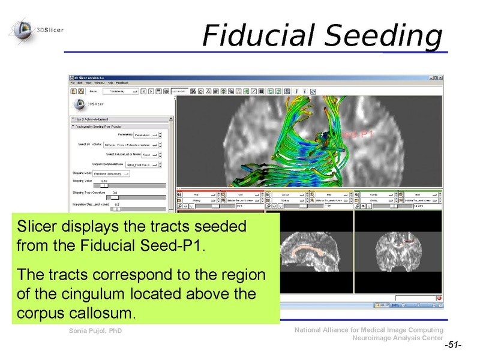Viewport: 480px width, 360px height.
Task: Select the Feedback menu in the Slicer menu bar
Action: (122, 82)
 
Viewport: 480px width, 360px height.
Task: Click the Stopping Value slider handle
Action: (104, 186)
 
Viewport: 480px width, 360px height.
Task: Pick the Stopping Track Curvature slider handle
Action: (115, 197)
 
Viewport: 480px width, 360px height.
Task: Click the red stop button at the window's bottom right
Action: (439, 298)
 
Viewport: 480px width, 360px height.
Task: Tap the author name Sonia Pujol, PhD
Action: (95, 331)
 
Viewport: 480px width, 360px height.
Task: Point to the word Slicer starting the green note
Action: (34, 228)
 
